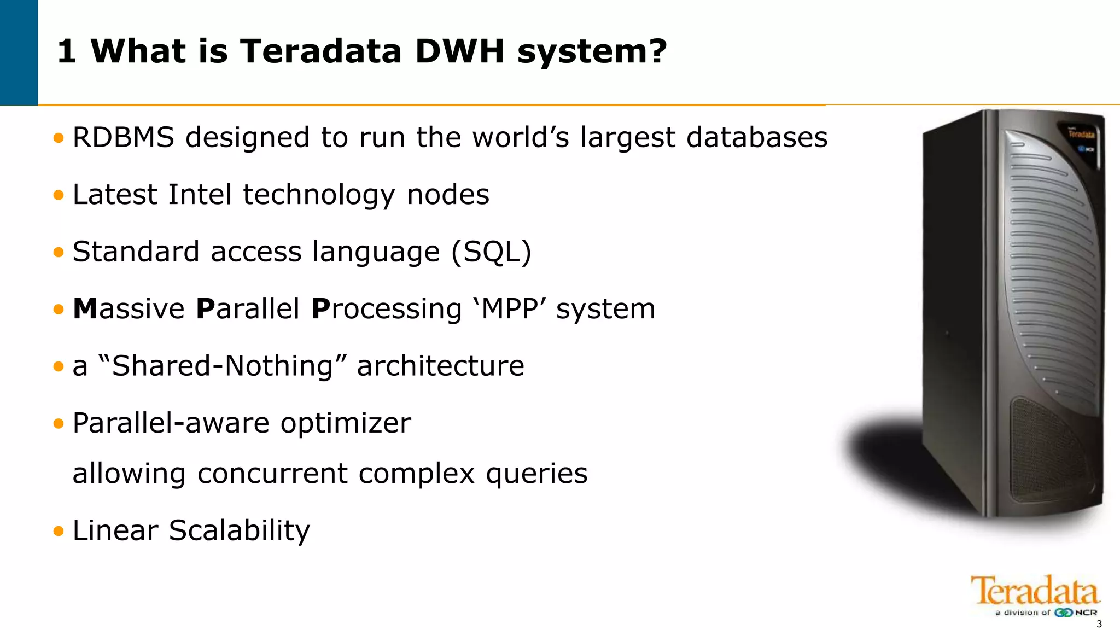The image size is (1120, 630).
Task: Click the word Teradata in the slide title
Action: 321,51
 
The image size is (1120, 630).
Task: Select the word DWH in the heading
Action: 459,51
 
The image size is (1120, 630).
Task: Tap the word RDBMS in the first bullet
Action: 123,137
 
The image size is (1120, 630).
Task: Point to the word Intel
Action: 200,195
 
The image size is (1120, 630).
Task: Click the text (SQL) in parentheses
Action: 491,252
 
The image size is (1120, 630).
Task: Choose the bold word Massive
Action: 129,309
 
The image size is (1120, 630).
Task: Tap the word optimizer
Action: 346,423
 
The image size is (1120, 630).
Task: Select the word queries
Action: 536,474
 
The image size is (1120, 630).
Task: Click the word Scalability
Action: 239,530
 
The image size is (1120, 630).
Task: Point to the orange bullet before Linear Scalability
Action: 59,530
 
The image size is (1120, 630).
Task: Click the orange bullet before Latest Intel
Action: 59,195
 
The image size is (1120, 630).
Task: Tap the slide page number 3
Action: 1099,625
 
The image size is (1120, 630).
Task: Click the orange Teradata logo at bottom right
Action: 1035,591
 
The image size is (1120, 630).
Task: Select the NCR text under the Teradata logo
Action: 1086,612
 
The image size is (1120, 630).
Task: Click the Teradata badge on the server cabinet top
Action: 1081,134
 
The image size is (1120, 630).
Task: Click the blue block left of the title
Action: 19,52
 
